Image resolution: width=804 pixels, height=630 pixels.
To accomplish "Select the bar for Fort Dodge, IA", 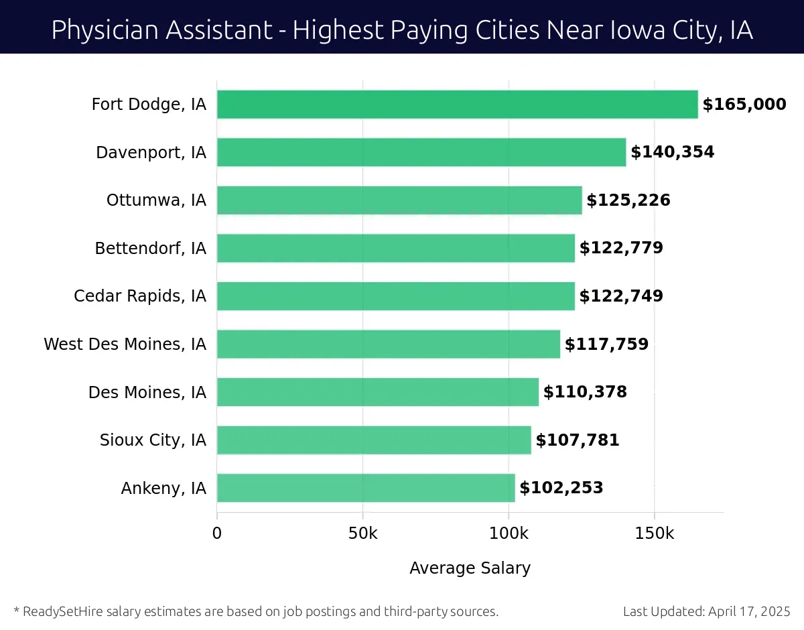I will coord(457,105).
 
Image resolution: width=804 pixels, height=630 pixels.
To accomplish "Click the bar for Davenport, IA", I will coord(421,152).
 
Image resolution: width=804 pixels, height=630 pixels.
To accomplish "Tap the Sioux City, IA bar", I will coord(374,440).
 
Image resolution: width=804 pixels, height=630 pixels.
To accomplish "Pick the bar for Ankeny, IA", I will coord(366,488).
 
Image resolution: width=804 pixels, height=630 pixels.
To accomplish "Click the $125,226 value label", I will coord(628,200).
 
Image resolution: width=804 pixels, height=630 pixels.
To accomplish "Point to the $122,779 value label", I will coord(621,248).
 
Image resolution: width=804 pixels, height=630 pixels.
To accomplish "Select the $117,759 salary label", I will coord(606,344).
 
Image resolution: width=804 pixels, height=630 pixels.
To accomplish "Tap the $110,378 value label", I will coord(585,392).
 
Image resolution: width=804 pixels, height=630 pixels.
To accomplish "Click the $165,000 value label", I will coord(744,105).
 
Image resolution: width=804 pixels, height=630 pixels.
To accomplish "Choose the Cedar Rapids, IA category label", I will coord(140,296).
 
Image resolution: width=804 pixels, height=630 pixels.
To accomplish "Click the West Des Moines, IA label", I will coord(125,344).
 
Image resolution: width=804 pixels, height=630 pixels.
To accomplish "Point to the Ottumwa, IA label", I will coord(156,200).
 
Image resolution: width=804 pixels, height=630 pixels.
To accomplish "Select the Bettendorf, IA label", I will coord(150,249).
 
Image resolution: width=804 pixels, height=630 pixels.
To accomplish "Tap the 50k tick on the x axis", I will coord(362,534).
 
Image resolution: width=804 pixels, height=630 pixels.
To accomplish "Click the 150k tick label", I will coord(654,534).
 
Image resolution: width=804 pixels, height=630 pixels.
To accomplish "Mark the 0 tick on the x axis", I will coord(217,534).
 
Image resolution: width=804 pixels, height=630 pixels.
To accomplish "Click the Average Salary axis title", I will coord(470,568).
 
